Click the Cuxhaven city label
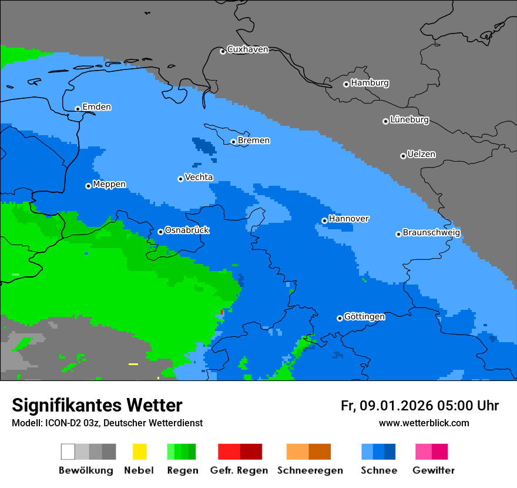click(247, 49)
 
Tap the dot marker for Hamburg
click(346, 84)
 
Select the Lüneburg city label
click(409, 120)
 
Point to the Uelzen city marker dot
click(403, 156)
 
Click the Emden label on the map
click(96, 107)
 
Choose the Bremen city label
click(254, 141)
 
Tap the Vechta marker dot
click(180, 179)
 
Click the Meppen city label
click(109, 185)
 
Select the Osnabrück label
click(187, 230)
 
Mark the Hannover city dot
click(324, 220)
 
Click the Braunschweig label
click(431, 233)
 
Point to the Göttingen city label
click(364, 317)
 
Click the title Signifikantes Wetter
click(97, 405)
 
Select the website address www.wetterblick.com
click(424, 423)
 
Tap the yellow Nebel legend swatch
click(139, 452)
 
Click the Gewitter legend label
click(433, 470)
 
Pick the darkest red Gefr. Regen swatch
click(251, 452)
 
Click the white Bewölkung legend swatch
click(68, 452)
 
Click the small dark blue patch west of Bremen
click(203, 145)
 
